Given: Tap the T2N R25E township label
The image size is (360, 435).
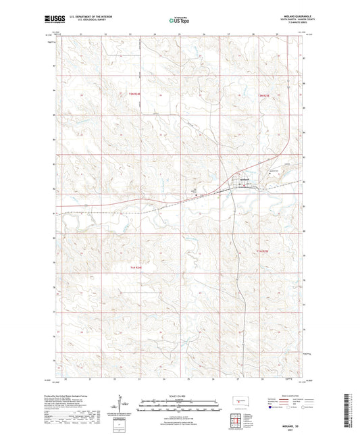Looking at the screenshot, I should (x=266, y=95).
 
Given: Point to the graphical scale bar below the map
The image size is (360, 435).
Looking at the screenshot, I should (x=180, y=403).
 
